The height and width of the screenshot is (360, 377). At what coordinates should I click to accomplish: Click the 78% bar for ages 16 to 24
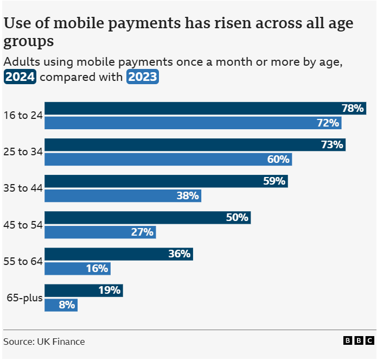205,108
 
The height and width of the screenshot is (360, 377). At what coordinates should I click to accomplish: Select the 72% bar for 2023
193,123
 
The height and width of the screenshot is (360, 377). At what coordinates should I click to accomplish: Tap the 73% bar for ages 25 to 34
195,144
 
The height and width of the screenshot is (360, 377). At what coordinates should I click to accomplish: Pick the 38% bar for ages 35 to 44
123,195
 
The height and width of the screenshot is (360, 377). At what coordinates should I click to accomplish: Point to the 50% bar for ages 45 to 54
147,217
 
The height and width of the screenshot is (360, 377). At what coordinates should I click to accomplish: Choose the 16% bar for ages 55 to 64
77,268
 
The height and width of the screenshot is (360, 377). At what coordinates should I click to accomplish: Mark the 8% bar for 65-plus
61,305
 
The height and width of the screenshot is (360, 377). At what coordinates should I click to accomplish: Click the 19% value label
109,290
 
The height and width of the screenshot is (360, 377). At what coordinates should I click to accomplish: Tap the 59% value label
274,181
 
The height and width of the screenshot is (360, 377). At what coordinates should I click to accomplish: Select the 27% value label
143,232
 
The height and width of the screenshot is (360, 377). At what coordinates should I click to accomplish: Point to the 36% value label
179,254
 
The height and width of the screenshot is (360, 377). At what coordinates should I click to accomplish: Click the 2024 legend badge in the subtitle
20,77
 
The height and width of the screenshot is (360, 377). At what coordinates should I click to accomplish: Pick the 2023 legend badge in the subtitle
142,77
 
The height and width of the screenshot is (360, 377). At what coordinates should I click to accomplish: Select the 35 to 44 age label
23,188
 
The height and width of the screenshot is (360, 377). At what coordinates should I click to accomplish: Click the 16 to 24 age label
23,115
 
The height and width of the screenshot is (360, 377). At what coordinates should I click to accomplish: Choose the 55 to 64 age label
23,261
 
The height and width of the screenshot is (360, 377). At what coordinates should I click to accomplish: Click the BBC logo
359,341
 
